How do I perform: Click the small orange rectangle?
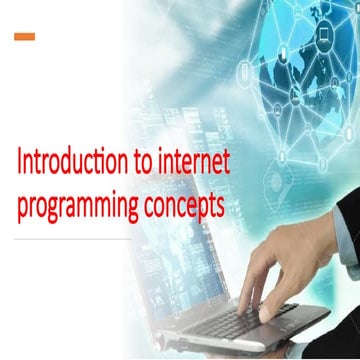click(x=25, y=37)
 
